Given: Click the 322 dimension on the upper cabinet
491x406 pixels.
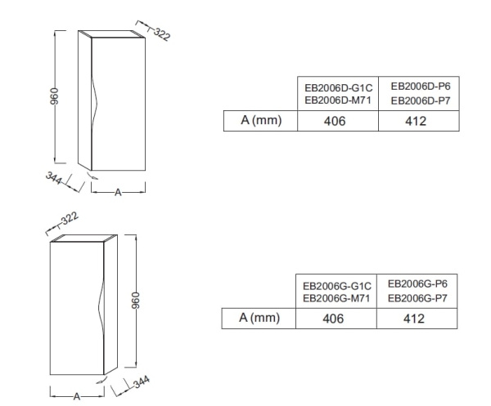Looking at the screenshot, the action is pos(162,34).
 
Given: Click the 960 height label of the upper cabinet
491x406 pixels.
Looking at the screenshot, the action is pos(54,96).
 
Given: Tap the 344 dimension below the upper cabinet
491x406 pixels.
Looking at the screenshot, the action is pos(53,178).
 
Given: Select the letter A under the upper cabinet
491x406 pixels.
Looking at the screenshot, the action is pos(118,192).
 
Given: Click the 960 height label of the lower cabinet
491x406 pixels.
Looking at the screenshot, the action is pos(135,301).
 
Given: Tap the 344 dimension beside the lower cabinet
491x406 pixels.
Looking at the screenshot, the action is pos(142,381).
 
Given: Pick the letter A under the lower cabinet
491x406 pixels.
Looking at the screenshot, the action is pos(77,397).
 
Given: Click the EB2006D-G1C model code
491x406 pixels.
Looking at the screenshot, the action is pos(339,88).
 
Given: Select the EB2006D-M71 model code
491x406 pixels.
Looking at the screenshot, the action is pos(338,100).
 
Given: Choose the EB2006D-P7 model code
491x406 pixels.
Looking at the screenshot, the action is pos(421,100).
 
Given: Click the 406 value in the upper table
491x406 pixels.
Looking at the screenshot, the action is pos(335,121).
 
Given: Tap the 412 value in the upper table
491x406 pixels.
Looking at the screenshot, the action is pos(416,121).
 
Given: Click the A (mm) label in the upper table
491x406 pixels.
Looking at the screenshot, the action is pos(261,120).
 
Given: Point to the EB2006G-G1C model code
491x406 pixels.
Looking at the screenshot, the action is pos(337,286).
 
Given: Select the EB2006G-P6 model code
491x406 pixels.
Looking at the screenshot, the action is pos(417,283).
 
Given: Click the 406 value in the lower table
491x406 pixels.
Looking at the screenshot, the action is pos(333,319).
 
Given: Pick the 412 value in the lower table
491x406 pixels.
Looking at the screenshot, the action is pos(414,319).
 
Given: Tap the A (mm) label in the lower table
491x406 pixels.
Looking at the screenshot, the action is pos(259,318).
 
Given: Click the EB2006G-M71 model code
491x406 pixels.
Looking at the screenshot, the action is pos(336,298).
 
